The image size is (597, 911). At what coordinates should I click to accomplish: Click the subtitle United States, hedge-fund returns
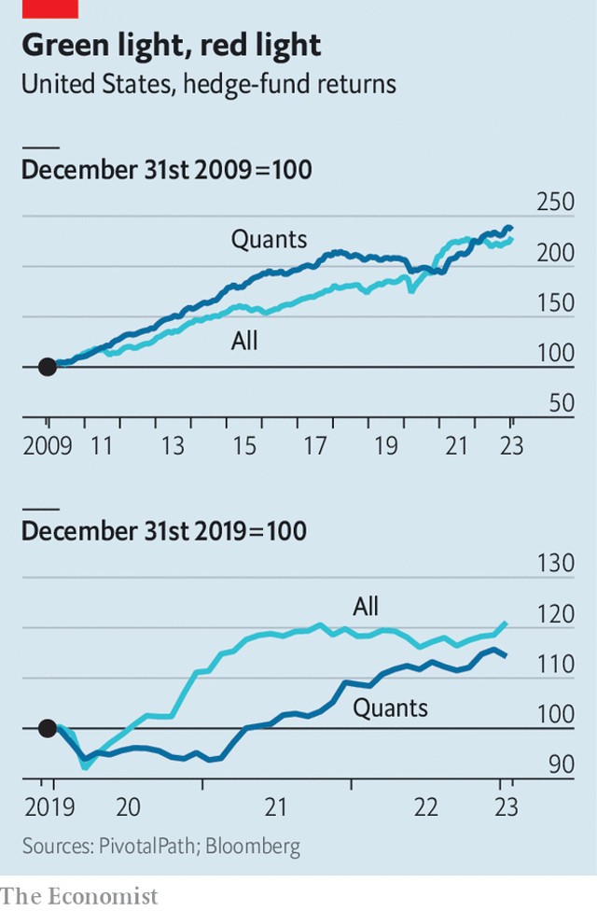pos(208,84)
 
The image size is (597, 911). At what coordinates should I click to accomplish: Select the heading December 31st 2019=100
pos(163,531)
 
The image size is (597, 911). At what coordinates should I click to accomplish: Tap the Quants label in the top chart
pos(269,239)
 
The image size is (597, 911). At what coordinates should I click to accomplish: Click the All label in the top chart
pos(244,342)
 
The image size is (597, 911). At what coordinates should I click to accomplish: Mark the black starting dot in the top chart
pos(47,367)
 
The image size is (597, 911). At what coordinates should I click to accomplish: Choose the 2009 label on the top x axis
pos(47,447)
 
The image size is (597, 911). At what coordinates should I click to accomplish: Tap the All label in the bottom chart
pos(367,607)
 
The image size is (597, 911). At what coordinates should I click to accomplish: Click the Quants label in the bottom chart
pos(390,708)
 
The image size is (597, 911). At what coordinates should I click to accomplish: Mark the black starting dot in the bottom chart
pos(47,728)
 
